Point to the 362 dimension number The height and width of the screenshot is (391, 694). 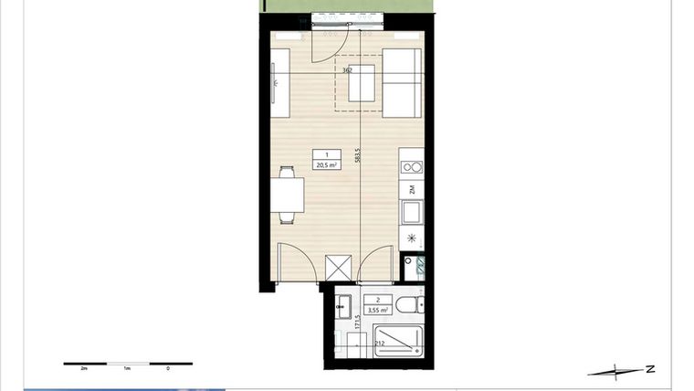tap(347, 69)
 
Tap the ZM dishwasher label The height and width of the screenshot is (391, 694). tap(412, 189)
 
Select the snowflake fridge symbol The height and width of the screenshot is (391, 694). tap(411, 238)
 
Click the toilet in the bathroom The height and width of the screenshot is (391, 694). tap(408, 304)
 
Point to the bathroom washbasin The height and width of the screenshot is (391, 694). tap(344, 306)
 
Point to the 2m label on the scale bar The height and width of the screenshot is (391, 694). tap(83, 370)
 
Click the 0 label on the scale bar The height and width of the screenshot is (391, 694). tap(168, 370)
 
